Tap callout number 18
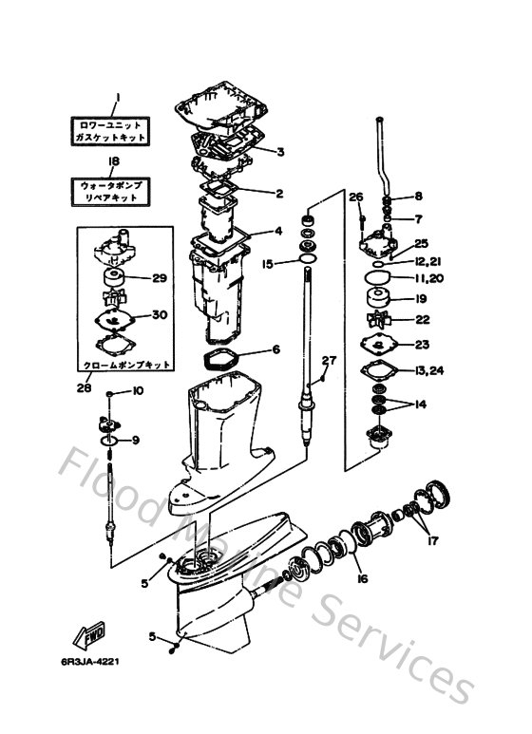point(114,161)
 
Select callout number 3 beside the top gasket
point(281,151)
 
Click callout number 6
point(277,349)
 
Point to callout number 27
point(328,360)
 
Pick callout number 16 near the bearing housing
point(361,577)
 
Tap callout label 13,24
point(429,369)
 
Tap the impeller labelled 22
point(385,320)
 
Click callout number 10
point(137,391)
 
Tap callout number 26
point(356,198)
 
